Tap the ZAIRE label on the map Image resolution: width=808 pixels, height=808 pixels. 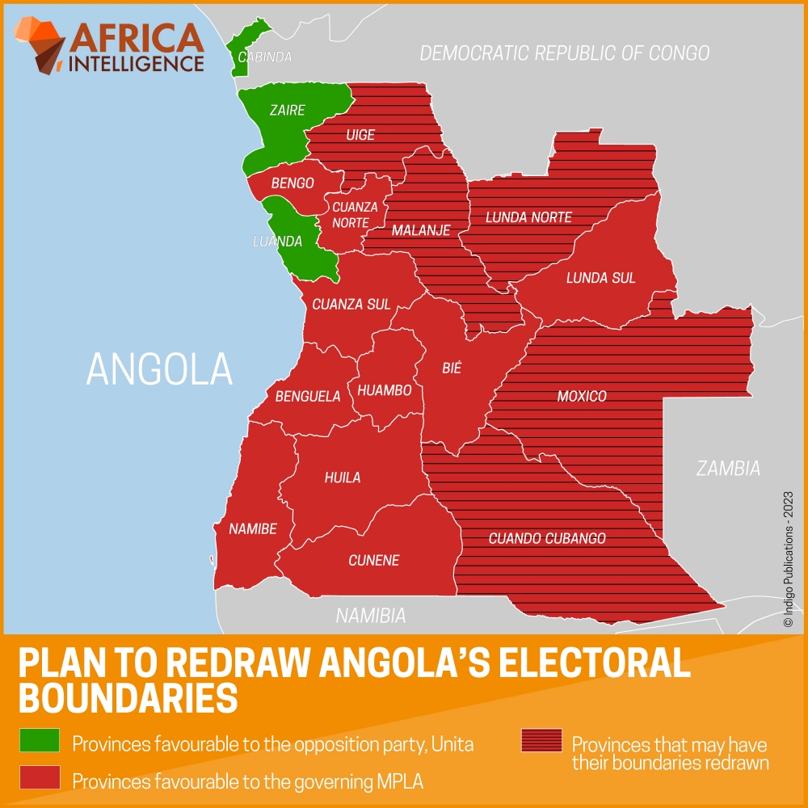click(x=288, y=111)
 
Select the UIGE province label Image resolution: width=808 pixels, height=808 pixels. click(x=360, y=135)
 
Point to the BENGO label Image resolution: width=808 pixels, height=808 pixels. click(x=292, y=183)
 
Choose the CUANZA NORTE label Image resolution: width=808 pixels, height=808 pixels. click(x=355, y=214)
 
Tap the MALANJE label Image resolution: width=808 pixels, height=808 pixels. click(x=421, y=231)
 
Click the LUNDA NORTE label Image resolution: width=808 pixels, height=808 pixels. click(x=528, y=217)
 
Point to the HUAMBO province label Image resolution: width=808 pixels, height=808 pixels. click(x=385, y=390)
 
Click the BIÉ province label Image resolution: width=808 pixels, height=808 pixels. click(x=452, y=368)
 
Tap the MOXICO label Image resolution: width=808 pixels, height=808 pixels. click(x=582, y=397)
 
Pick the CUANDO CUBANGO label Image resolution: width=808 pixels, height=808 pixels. click(x=547, y=538)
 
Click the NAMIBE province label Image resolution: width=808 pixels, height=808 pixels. click(x=253, y=529)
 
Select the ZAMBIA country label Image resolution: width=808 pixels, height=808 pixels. click(x=729, y=468)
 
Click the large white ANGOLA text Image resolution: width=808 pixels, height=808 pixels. click(x=159, y=368)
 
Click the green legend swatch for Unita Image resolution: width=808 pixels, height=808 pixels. click(x=40, y=740)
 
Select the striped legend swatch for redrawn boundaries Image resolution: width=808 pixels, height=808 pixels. click(x=541, y=740)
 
